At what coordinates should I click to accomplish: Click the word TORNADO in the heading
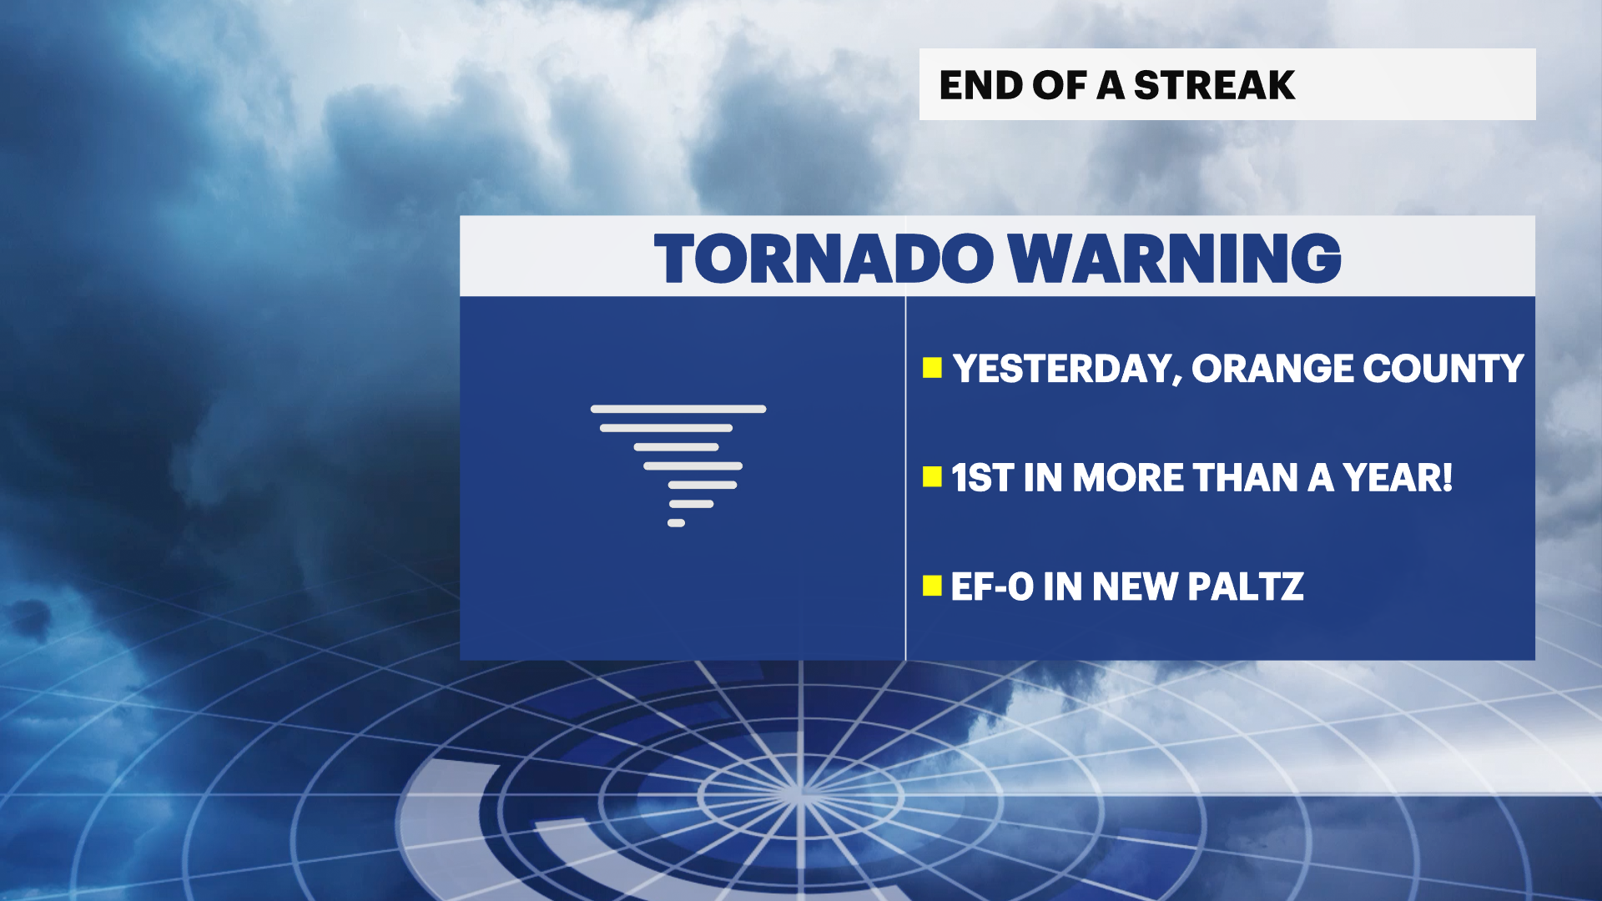tap(824, 259)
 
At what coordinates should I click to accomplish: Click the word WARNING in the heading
tap(1174, 259)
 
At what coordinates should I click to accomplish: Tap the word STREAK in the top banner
tap(1214, 85)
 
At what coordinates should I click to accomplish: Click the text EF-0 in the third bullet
tap(992, 586)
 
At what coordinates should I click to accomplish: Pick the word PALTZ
tap(1245, 586)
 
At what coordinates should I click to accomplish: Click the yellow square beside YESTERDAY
tap(932, 368)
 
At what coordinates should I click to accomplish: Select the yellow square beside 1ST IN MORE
tap(932, 477)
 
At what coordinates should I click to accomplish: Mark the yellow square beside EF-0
tap(932, 586)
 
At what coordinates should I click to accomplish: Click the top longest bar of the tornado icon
tap(678, 409)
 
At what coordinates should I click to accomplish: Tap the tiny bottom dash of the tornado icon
tap(676, 523)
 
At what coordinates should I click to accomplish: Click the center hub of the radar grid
tap(800, 793)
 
